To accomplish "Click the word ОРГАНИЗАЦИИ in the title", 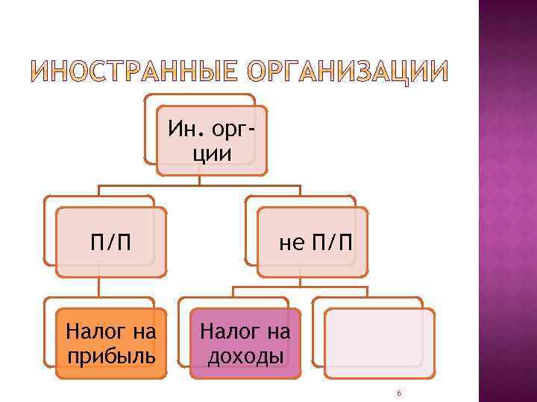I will point(347,71).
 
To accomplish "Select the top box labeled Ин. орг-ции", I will point(211,140).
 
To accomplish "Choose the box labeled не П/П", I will point(313,243).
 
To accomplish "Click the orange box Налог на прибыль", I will point(111,343).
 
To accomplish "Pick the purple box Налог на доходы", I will point(245,343).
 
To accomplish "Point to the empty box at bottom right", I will point(379,343).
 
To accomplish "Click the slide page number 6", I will point(400,393).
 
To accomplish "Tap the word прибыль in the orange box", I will point(112,356).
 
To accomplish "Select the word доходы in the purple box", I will point(245,356).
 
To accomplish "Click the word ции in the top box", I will point(212,153).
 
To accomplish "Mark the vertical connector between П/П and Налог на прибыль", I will point(99,287).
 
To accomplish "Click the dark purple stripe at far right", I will point(507,201).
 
